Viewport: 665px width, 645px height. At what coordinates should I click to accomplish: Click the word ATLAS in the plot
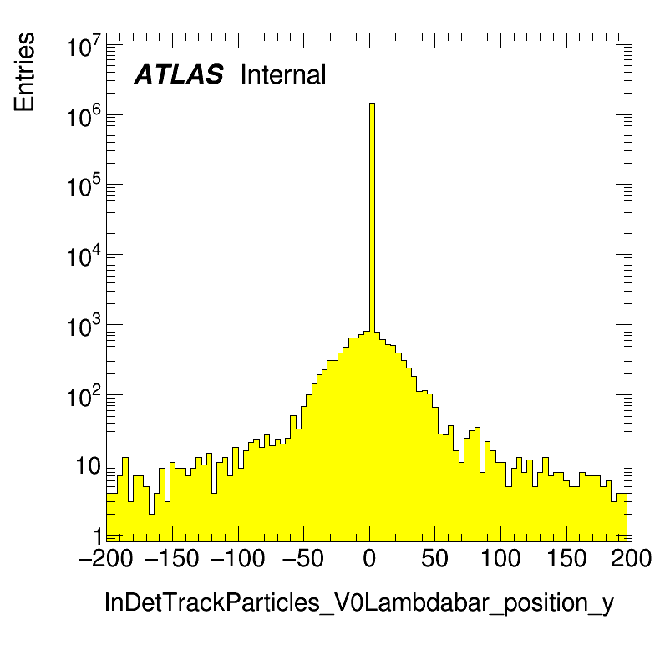(x=179, y=75)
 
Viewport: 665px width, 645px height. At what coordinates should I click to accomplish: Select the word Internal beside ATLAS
(x=282, y=75)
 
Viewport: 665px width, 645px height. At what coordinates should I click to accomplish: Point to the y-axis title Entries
(x=24, y=71)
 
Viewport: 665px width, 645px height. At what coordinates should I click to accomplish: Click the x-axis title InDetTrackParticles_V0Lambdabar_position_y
(x=358, y=603)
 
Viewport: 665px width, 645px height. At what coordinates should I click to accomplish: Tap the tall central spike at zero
(x=372, y=217)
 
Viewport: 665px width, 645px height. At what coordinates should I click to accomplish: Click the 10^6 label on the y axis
(x=84, y=118)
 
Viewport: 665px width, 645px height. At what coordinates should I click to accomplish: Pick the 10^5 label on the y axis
(x=84, y=188)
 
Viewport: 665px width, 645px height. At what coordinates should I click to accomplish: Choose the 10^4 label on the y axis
(x=84, y=258)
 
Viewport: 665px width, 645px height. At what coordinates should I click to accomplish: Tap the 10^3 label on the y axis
(x=84, y=328)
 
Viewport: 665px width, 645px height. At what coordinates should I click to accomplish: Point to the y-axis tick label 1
(x=97, y=536)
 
